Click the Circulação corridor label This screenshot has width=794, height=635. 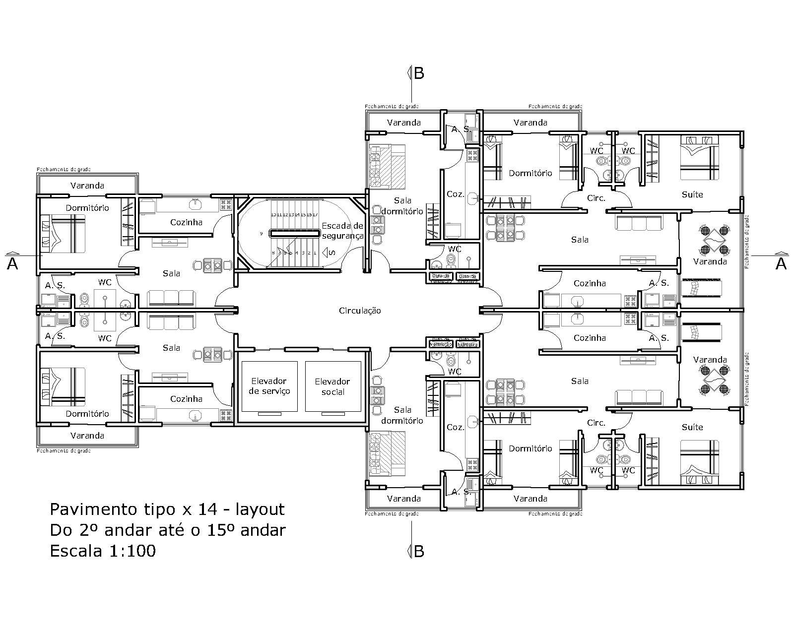[x=360, y=311]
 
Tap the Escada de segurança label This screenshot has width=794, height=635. [x=342, y=231]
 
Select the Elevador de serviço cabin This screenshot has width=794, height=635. [x=269, y=386]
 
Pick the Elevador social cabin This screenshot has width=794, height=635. [x=332, y=386]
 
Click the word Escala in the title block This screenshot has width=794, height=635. [x=75, y=551]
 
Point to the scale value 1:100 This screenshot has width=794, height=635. [x=131, y=551]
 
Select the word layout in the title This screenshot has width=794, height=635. [x=260, y=509]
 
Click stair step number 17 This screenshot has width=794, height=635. [x=315, y=215]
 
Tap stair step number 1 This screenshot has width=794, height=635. [x=315, y=253]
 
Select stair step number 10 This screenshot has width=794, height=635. [x=273, y=215]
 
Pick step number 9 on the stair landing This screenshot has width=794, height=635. [x=261, y=233]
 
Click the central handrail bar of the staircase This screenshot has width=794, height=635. [x=294, y=233]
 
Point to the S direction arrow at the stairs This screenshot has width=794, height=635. [x=332, y=253]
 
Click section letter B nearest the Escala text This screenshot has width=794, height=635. [x=419, y=551]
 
